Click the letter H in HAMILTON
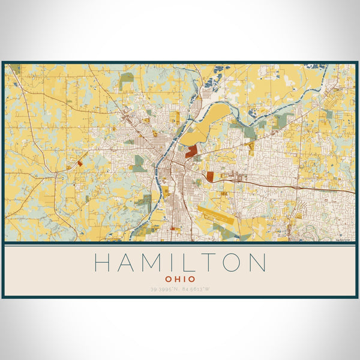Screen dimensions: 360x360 [x=103, y=263]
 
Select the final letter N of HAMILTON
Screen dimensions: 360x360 [x=257, y=263]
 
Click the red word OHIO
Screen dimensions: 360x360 [x=180, y=279]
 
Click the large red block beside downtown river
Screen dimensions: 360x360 [x=191, y=152]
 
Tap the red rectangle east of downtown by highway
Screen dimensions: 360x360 [x=210, y=176]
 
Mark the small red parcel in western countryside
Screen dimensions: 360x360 [x=80, y=163]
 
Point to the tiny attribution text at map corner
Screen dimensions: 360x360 [x=347, y=239]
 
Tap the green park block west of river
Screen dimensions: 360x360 [x=139, y=163]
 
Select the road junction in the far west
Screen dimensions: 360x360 [x=55, y=174]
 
